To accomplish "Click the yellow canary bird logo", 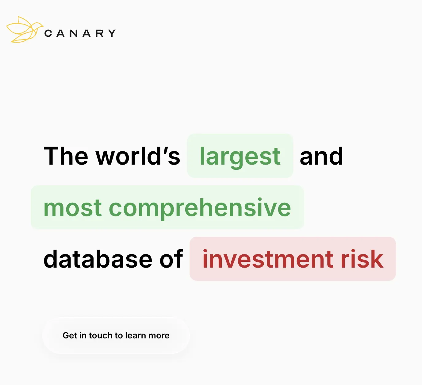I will (x=24, y=30).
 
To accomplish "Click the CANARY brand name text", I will (x=80, y=33).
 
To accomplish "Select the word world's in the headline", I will (x=138, y=156).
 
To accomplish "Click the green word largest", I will (x=240, y=157).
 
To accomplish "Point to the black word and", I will (x=321, y=156).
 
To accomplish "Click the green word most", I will (x=73, y=208).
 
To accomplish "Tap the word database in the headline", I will (x=98, y=259).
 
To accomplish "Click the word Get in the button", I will (x=70, y=335).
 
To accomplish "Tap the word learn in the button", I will (x=136, y=335).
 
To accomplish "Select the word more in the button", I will (x=159, y=335).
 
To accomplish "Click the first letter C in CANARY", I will (x=48, y=33).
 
